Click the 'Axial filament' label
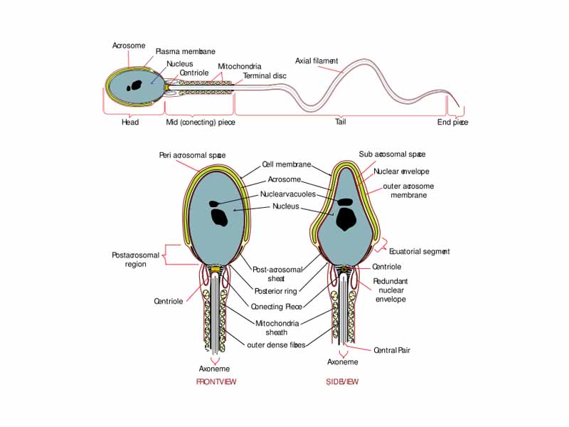click(x=317, y=61)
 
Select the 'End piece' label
click(x=452, y=122)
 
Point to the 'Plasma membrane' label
click(x=185, y=52)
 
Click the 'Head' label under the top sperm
click(x=130, y=122)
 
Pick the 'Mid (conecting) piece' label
click(x=201, y=122)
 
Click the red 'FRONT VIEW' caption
click(x=216, y=382)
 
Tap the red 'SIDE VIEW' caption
click(x=342, y=382)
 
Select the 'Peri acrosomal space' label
click(x=192, y=155)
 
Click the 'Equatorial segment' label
click(x=420, y=252)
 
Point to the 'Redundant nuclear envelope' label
click(x=390, y=290)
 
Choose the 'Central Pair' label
click(x=392, y=350)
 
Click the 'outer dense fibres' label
click(x=276, y=345)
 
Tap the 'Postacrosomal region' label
click(x=129, y=260)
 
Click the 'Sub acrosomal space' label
click(x=392, y=154)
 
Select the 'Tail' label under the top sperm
click(x=341, y=122)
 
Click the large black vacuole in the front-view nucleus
click(x=220, y=216)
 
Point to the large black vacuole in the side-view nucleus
click(x=346, y=218)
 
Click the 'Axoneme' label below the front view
click(x=214, y=369)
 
